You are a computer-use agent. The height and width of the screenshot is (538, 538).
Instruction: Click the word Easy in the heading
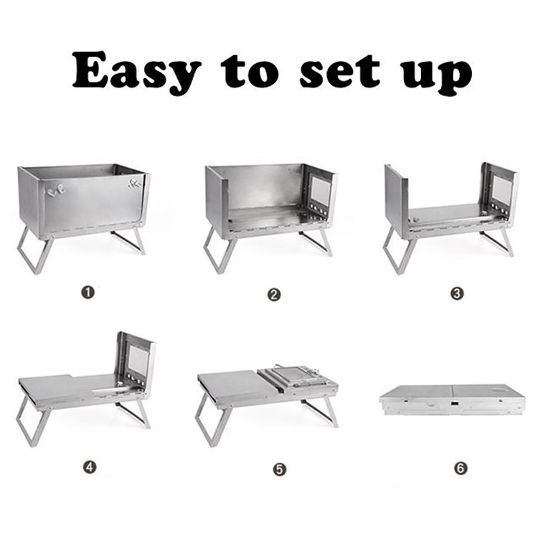[x=136, y=72]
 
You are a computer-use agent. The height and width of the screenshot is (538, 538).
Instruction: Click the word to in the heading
[x=250, y=71]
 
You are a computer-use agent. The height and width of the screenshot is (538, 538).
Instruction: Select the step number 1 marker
[x=88, y=293]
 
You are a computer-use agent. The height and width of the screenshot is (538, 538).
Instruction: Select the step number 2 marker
[x=274, y=294]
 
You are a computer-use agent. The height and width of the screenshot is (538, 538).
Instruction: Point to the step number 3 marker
[x=457, y=293]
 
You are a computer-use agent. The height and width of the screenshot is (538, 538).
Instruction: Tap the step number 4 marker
[x=90, y=467]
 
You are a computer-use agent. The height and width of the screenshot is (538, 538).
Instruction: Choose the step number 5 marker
[x=280, y=469]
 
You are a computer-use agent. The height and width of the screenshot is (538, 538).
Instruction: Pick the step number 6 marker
[x=461, y=468]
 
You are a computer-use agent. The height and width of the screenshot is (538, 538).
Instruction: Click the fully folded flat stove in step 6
[x=451, y=400]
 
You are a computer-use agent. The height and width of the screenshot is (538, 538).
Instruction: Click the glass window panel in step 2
[x=321, y=190]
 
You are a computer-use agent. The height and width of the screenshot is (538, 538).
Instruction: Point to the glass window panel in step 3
[x=501, y=190]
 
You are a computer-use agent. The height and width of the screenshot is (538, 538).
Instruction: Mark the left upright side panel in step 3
[x=396, y=202]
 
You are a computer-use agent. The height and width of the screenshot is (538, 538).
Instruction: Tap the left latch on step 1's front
[x=55, y=191]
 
